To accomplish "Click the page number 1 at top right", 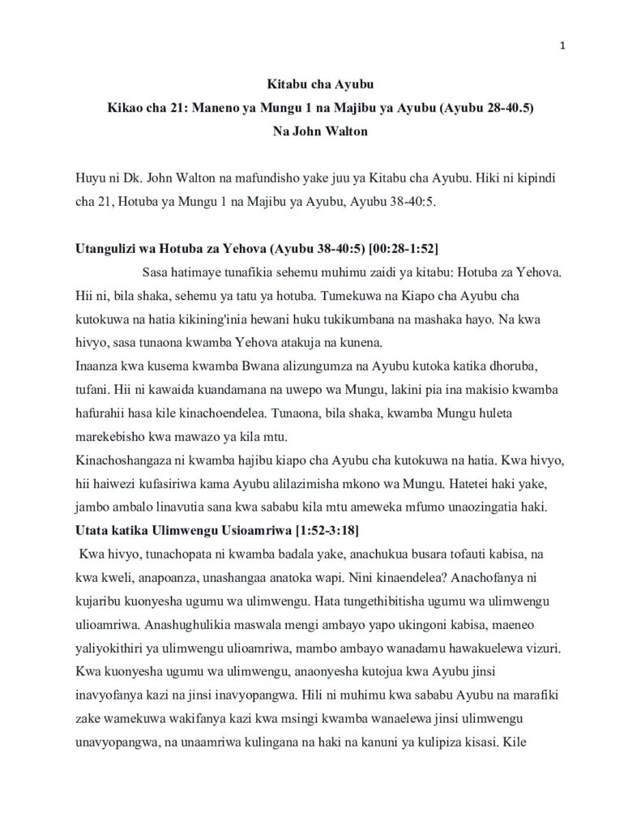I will [x=562, y=45].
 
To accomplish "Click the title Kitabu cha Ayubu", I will [x=320, y=83].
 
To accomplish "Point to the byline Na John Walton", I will [x=320, y=132].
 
